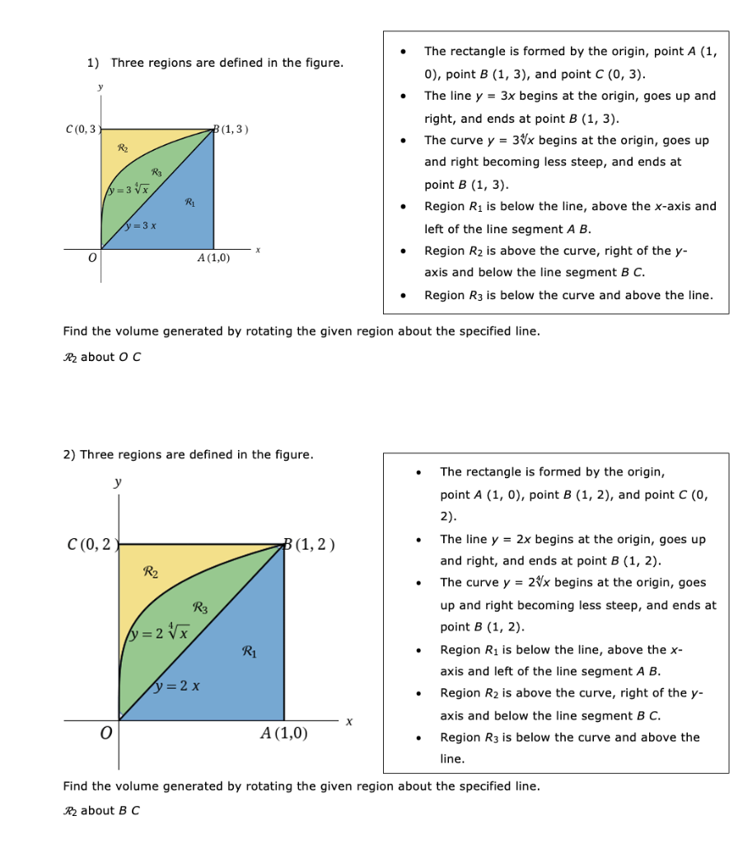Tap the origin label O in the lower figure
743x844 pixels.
click(105, 734)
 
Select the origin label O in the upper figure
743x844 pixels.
click(93, 258)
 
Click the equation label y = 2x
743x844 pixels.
click(179, 686)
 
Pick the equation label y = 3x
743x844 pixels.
click(141, 226)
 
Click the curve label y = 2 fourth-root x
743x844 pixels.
click(160, 633)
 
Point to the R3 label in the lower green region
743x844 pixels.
click(199, 608)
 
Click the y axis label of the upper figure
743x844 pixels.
click(100, 86)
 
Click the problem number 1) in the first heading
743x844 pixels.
click(93, 63)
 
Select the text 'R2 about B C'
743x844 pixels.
click(101, 810)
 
